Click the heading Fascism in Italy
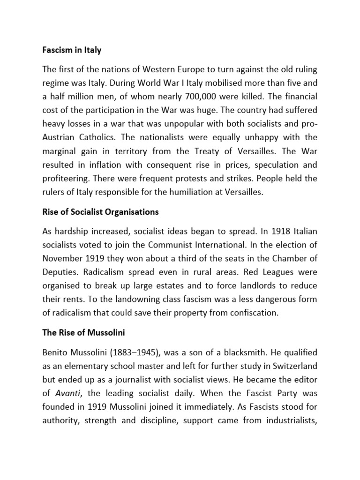click(x=72, y=50)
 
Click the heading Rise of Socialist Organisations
click(x=100, y=212)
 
